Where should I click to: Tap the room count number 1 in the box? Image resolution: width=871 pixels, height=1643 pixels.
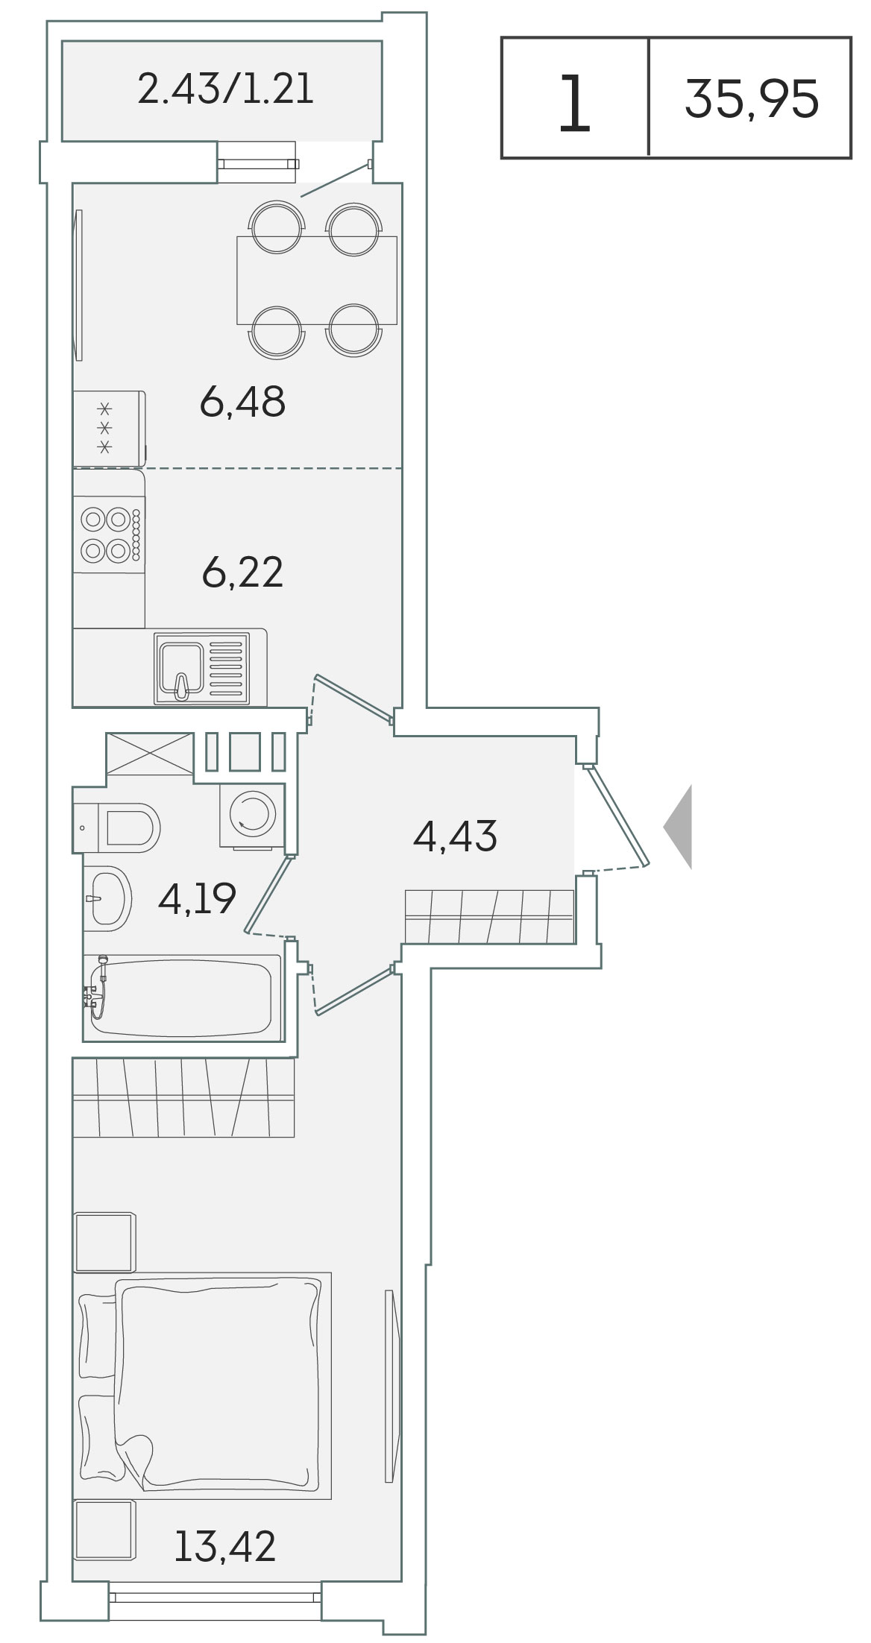pos(575,104)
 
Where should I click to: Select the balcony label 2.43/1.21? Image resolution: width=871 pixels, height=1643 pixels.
pos(226,89)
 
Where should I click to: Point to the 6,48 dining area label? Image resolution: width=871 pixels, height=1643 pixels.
pos(242,401)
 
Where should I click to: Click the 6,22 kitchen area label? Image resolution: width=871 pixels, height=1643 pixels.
pos(242,573)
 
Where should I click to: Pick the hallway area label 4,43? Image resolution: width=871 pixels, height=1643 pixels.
pos(455,836)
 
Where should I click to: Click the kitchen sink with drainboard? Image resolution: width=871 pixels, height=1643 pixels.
pos(201,667)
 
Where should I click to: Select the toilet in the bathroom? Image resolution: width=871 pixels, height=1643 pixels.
pos(116,827)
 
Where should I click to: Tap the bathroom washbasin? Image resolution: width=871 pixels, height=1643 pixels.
pos(107,898)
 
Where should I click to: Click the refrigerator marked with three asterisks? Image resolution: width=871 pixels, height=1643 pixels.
pos(110,428)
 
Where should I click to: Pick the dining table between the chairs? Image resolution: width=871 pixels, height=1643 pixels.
pos(317,280)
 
